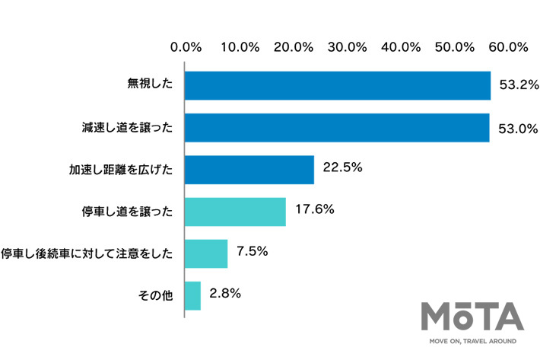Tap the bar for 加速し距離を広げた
point(249,170)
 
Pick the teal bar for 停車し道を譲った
point(235,212)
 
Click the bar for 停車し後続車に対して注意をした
point(205,253)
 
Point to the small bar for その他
point(192,295)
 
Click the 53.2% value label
point(516,85)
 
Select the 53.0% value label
point(515,128)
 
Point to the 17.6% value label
point(313,209)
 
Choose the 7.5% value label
point(251,251)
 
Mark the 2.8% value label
point(224,293)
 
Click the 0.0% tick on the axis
point(186,46)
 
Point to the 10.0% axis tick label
point(240,46)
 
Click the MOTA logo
point(472,317)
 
